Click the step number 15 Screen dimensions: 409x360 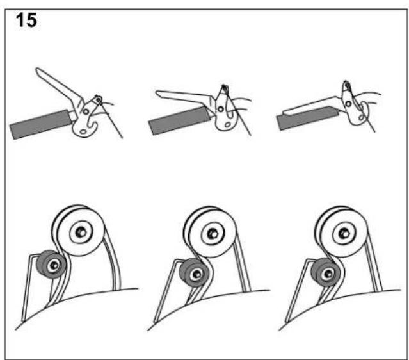26,20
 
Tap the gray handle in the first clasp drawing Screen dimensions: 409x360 40,124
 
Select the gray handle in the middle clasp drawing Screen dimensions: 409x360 179,120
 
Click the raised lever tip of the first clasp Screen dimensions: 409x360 38,70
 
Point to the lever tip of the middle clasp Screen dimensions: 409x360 158,93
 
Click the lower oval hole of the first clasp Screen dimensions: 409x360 83,131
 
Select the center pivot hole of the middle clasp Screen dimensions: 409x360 221,109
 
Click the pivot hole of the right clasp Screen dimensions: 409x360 348,104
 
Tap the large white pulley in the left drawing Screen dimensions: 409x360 78,230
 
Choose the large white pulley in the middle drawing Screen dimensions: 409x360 210,233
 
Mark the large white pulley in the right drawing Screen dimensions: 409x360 341,232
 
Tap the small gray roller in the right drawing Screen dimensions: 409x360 325,273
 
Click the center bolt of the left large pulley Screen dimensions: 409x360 80,232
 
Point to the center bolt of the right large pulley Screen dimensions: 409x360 344,233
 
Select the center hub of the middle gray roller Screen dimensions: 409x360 197,274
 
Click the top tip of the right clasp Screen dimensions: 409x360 346,82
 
